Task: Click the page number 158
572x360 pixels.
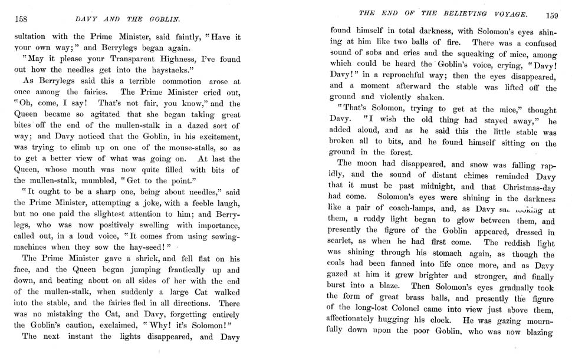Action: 22,18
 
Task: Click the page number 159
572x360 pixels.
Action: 552,16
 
